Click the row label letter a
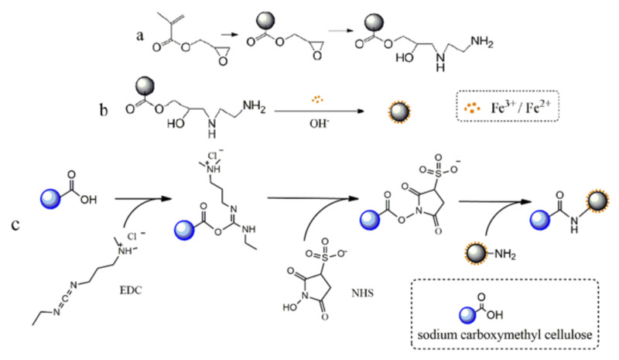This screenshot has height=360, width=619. (140, 36)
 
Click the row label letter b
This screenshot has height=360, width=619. (104, 109)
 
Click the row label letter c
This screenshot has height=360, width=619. (15, 225)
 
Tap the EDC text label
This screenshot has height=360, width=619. (131, 290)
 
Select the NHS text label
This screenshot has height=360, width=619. (362, 293)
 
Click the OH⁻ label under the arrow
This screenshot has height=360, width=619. (320, 123)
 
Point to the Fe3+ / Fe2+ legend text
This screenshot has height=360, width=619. (520, 108)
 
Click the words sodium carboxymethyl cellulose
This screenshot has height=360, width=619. (505, 335)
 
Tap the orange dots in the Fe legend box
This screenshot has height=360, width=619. (472, 108)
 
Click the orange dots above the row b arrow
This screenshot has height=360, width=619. (318, 99)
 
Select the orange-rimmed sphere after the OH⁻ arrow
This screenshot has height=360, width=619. (399, 111)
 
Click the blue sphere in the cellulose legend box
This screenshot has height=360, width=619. (467, 315)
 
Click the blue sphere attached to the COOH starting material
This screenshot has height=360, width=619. (50, 198)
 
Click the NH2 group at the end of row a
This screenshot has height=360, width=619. (482, 43)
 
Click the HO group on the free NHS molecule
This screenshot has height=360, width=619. (290, 307)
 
